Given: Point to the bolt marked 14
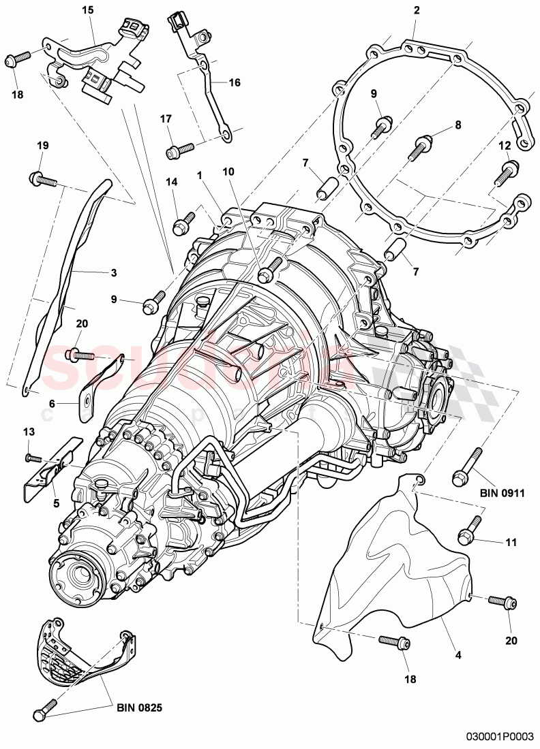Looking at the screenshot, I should [183, 223].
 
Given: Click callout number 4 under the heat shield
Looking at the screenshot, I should [458, 655].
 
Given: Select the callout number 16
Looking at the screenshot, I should [234, 82].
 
